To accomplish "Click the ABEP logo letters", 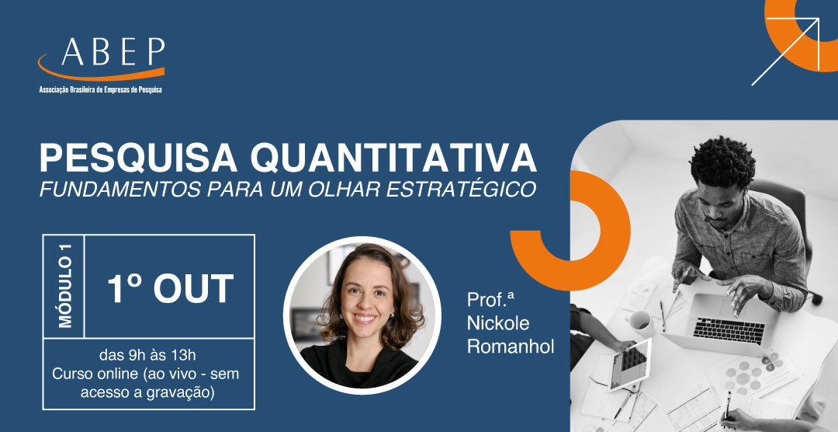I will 113,52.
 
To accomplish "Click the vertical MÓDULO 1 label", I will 64,286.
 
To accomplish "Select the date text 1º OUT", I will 170,289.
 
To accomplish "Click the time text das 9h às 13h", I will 149,356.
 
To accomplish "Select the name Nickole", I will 498,322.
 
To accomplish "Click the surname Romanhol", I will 511,346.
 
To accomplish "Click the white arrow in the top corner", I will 785,51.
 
